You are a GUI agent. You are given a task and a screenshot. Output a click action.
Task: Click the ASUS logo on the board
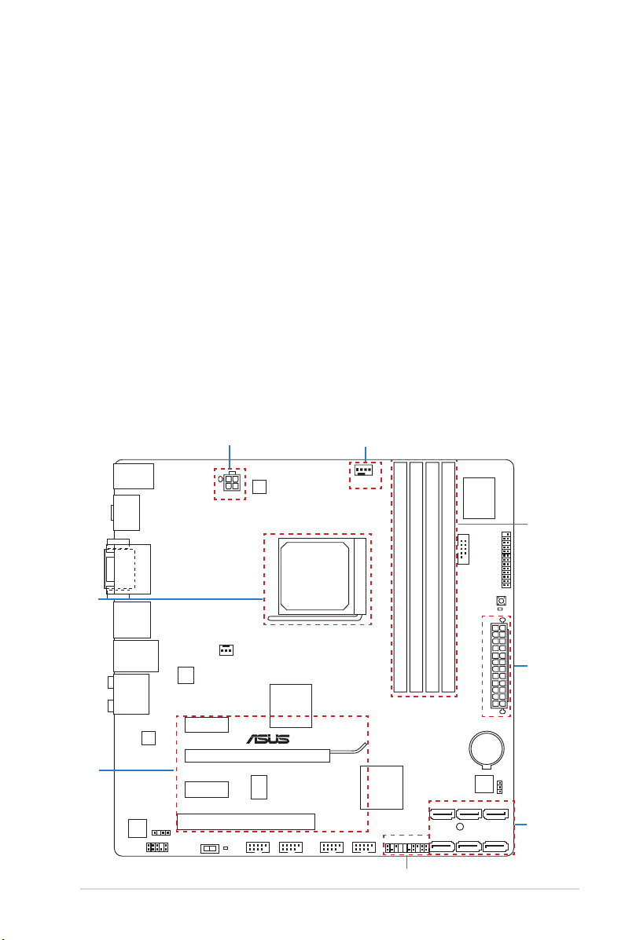point(268,738)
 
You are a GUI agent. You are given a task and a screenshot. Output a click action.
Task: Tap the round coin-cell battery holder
point(487,748)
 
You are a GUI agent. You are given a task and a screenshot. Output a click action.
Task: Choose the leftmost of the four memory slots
point(400,576)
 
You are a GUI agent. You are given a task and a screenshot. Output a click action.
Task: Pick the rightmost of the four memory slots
point(448,576)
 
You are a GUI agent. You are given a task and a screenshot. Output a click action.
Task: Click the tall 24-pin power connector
point(499,666)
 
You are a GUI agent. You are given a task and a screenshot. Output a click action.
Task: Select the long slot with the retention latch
point(258,755)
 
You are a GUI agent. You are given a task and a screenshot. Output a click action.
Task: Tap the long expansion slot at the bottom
point(245,821)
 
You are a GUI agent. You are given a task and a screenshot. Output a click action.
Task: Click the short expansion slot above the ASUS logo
point(207,724)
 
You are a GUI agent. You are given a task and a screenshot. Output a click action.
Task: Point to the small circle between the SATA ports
point(460,827)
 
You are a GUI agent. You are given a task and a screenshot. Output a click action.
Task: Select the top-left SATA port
point(441,814)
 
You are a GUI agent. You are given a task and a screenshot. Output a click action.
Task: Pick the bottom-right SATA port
point(495,847)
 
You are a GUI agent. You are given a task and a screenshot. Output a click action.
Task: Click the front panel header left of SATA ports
point(406,847)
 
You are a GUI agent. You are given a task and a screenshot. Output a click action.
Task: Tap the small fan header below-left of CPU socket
point(226,650)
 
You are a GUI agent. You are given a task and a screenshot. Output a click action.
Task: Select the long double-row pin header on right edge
point(506,559)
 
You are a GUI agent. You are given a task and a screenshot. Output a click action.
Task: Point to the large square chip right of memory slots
point(479,498)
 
